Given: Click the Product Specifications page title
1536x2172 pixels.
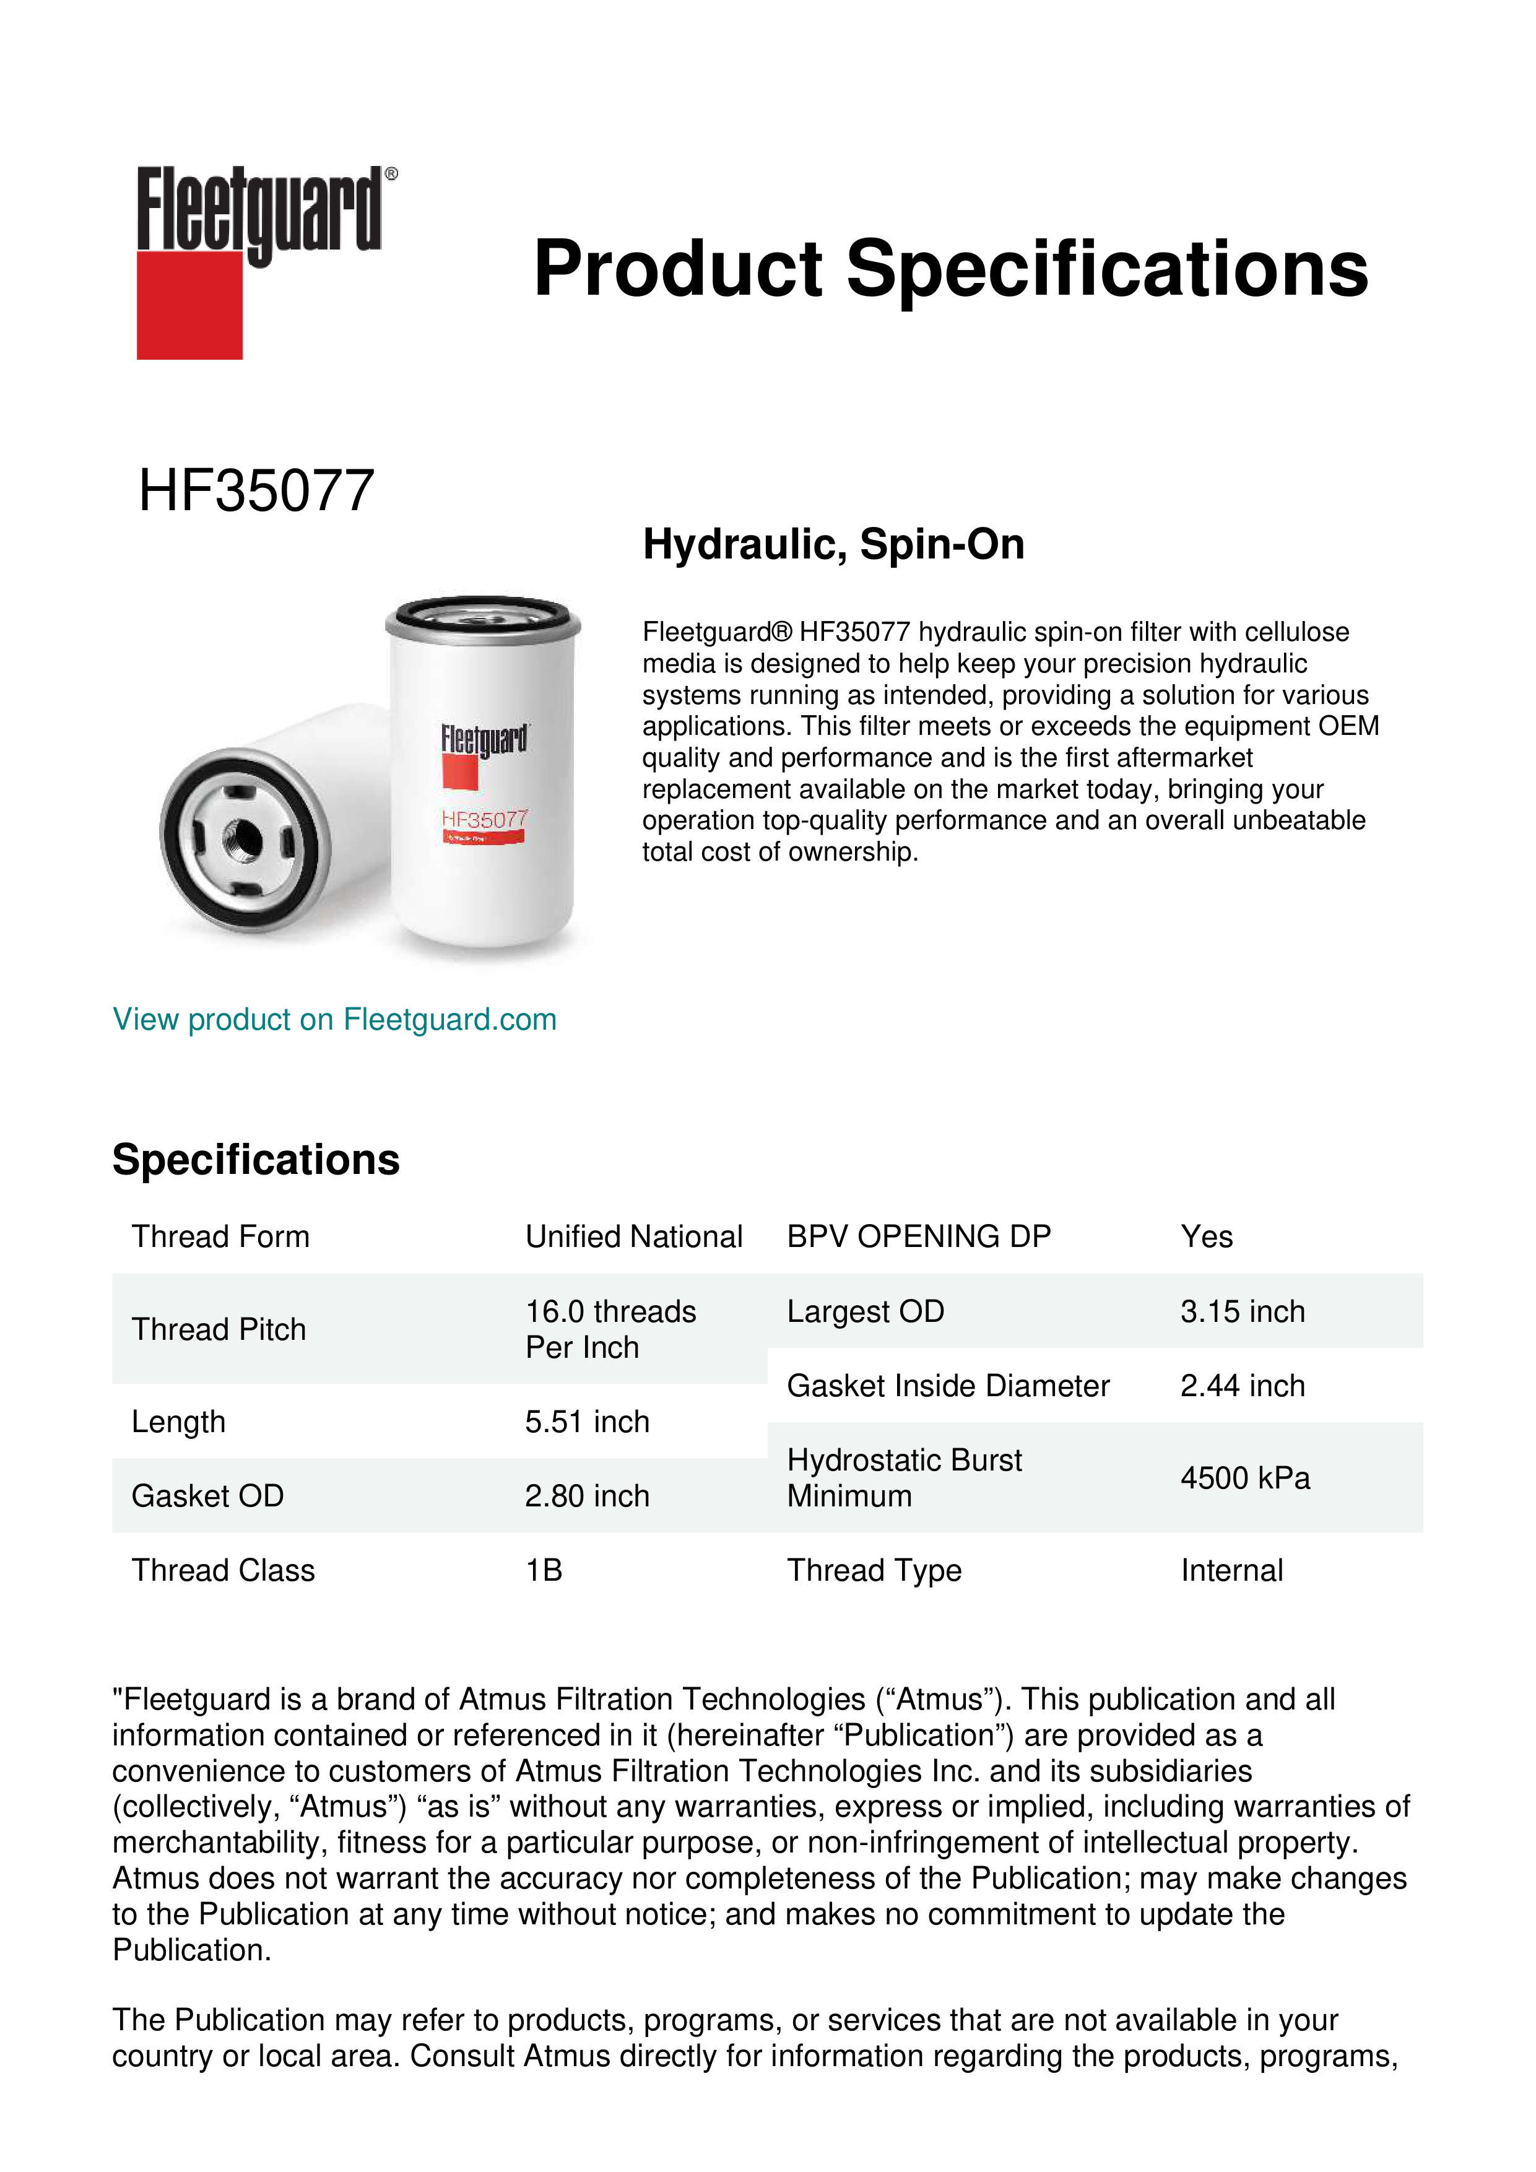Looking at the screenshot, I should pos(950,269).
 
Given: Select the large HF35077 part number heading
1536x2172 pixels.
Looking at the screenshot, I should pos(256,491).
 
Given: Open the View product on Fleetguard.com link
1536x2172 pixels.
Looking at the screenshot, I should pos(334,1019).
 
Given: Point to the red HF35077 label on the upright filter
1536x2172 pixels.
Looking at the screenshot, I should pos(484,819).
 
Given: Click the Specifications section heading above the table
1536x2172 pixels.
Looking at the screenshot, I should pos(255,1159).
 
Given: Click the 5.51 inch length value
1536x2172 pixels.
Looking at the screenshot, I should pos(586,1421).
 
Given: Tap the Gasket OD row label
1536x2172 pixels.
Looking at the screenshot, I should pos(207,1496).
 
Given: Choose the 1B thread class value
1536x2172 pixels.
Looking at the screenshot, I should pos(544,1570).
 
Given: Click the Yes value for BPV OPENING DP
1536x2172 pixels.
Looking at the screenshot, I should pos(1206,1236).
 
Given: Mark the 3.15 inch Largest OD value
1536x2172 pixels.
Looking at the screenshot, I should pos(1242,1311).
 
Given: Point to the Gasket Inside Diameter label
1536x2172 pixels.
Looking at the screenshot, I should pos(948,1385).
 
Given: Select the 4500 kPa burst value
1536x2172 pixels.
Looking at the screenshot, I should pos(1244,1478).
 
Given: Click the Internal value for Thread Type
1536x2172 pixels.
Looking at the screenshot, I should pos(1231,1570).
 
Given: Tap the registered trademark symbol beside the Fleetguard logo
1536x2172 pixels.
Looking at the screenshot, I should pos(391,174).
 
